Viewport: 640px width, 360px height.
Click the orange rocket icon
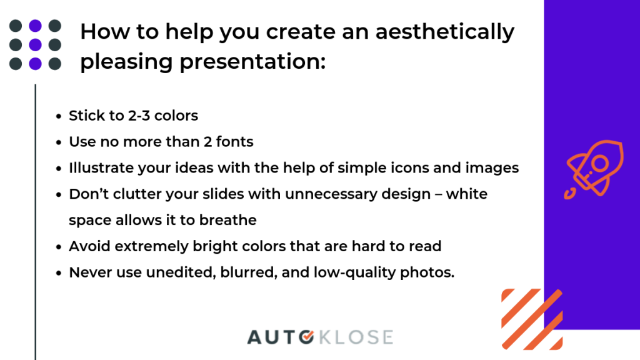[594, 169]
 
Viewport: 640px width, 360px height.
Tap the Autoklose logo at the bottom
[320, 337]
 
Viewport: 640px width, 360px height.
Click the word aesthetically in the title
[445, 32]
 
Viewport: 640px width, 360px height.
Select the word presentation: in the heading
[252, 62]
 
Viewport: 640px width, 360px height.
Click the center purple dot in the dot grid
[36, 44]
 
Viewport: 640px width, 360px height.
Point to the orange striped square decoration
[532, 319]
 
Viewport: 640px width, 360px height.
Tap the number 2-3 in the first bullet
[139, 116]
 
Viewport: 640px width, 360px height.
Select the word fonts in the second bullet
[235, 142]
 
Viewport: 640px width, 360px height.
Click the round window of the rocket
[600, 164]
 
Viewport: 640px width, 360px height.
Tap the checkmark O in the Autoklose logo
[306, 337]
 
